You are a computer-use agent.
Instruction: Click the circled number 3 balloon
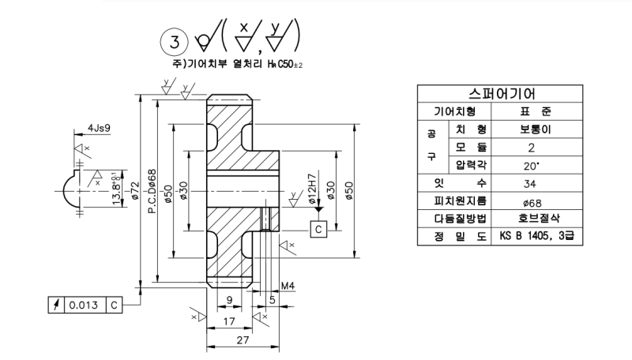[174, 42]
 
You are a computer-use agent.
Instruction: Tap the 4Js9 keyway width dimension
[100, 128]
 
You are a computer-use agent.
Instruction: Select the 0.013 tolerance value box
[84, 306]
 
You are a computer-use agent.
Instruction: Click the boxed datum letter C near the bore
[318, 229]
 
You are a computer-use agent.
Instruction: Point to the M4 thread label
[288, 286]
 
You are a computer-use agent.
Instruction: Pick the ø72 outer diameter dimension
[135, 191]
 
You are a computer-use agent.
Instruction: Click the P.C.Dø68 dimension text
[152, 191]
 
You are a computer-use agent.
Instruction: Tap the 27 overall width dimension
[243, 340]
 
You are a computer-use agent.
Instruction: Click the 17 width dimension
[229, 321]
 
